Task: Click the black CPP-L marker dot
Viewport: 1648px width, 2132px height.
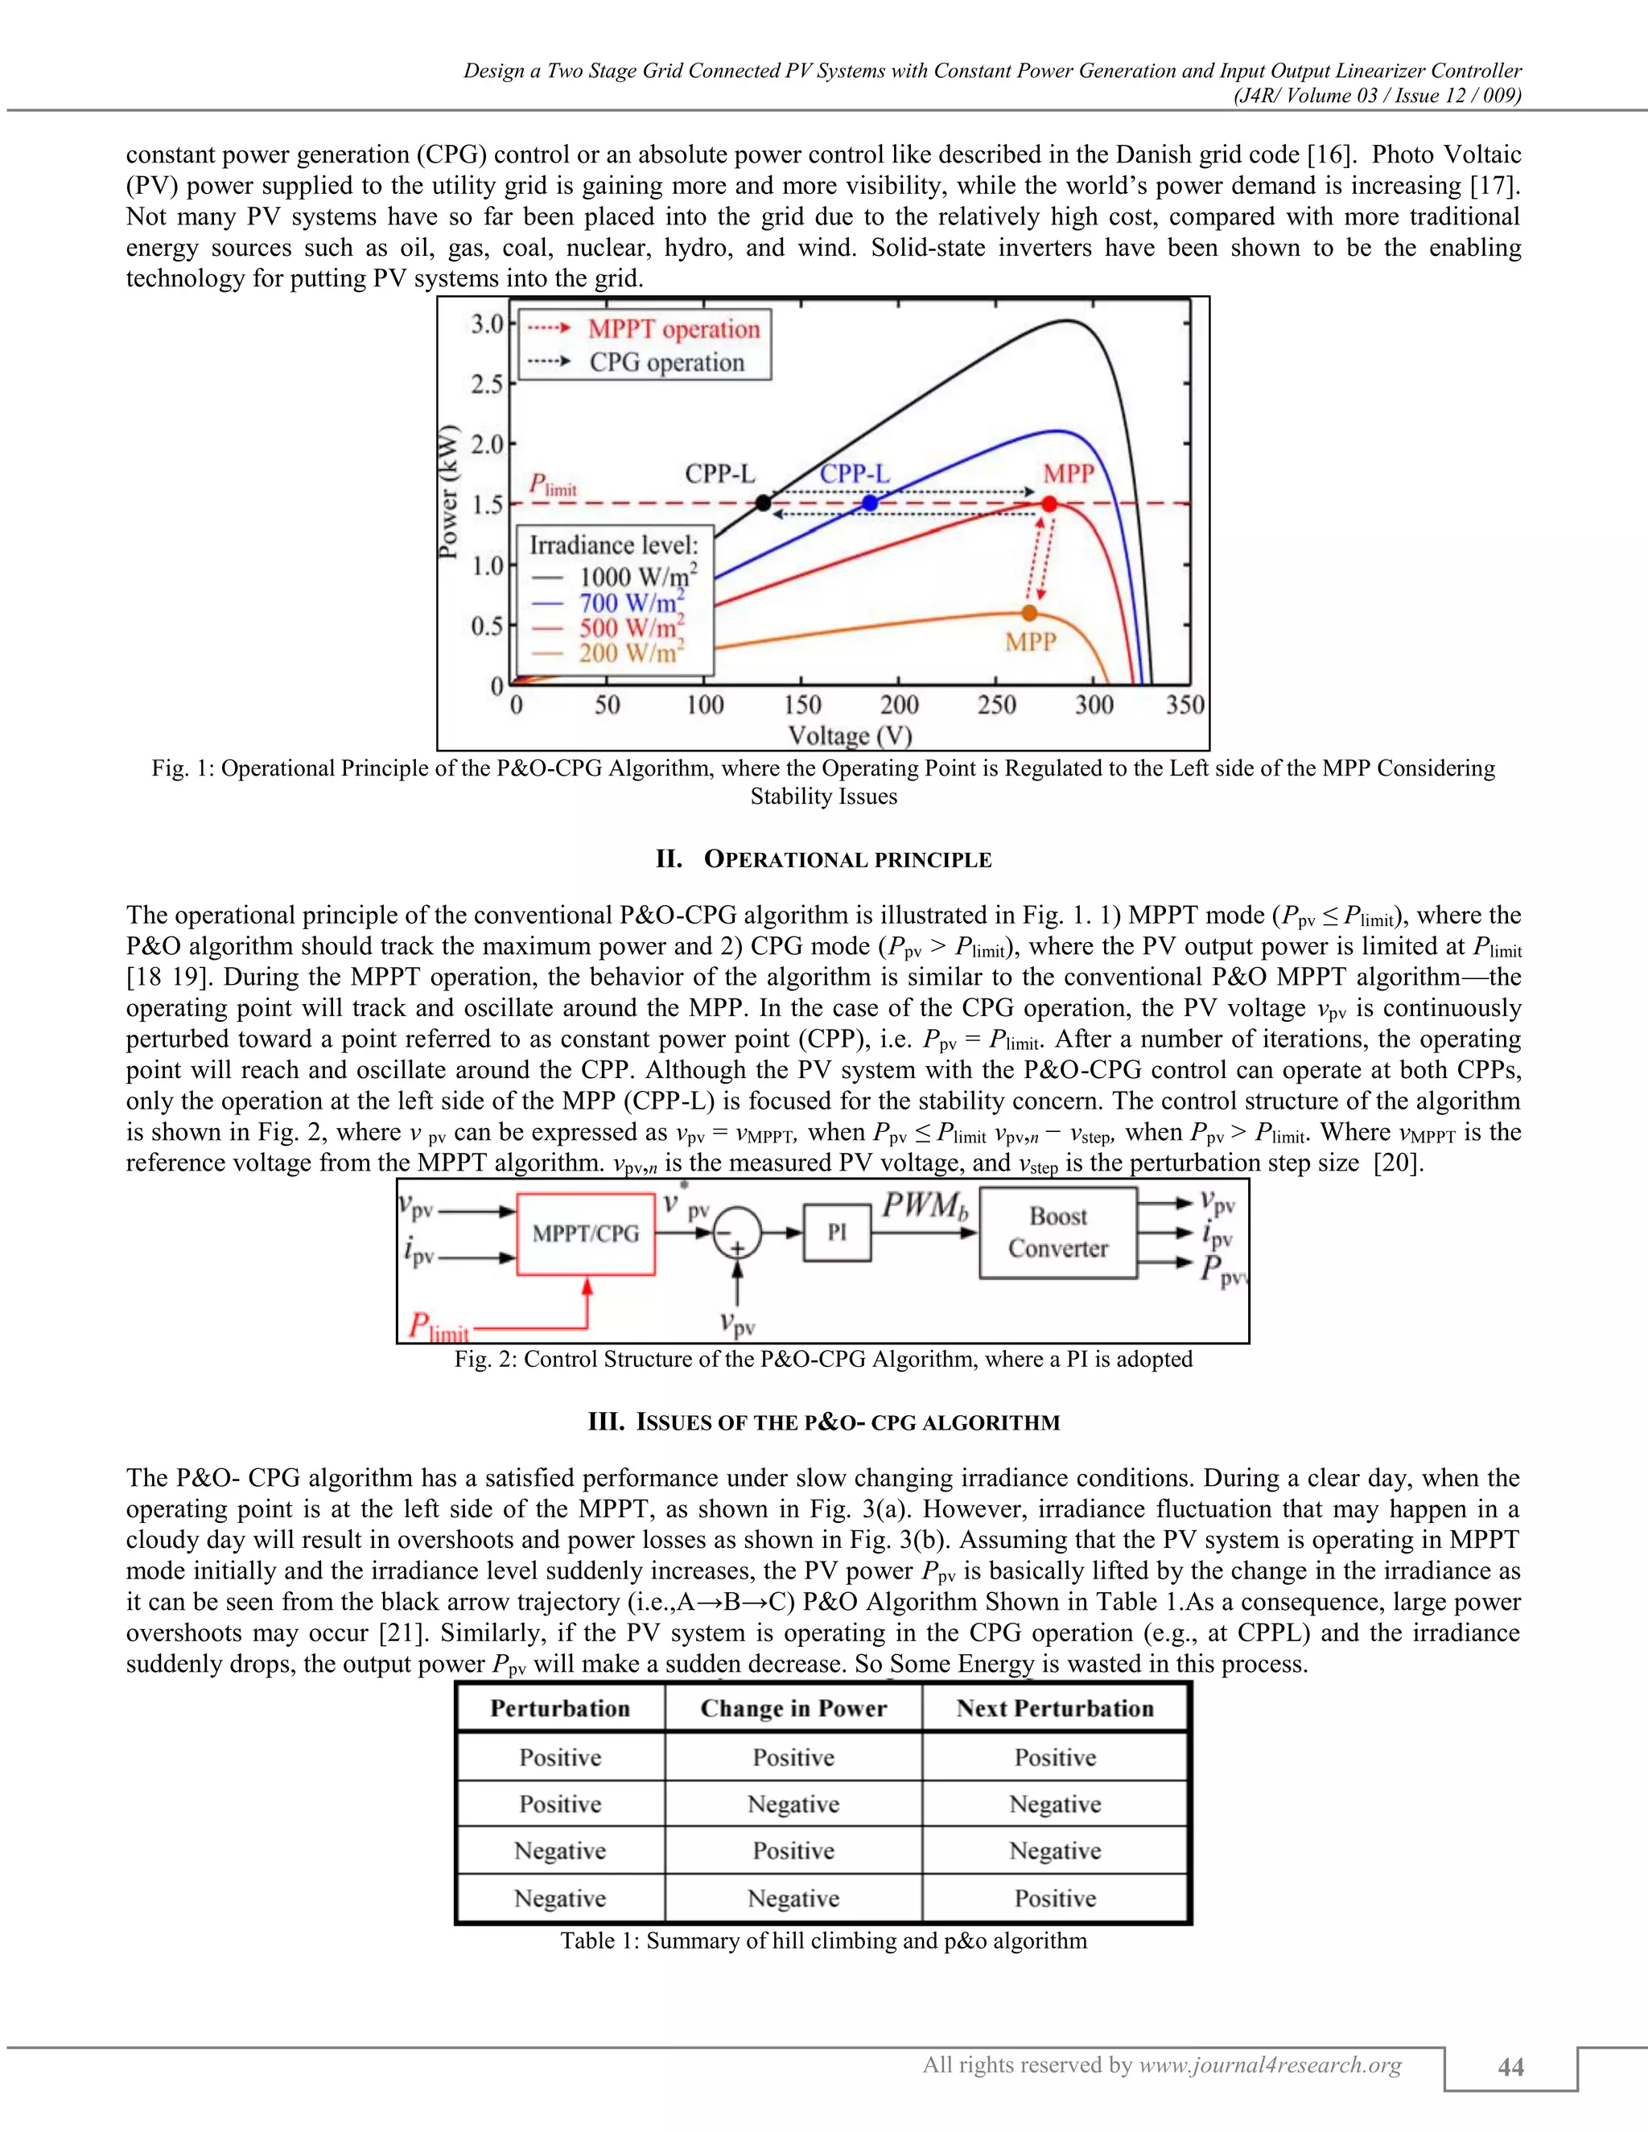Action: (x=764, y=504)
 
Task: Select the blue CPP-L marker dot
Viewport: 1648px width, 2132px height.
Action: (x=870, y=504)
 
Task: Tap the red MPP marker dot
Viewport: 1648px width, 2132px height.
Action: (x=1049, y=504)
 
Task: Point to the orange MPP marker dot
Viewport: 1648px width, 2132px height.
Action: (x=1029, y=613)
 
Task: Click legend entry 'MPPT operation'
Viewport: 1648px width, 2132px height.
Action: (x=673, y=329)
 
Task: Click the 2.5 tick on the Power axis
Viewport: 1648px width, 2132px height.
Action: (x=487, y=384)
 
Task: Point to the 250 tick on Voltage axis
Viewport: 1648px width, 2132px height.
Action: (x=996, y=705)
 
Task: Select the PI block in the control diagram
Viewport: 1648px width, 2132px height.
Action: (x=837, y=1233)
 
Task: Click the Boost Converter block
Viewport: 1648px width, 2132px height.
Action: (x=1058, y=1233)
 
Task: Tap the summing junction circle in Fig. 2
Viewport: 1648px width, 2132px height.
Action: (x=737, y=1233)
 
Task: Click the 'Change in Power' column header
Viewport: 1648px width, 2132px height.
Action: (x=793, y=1708)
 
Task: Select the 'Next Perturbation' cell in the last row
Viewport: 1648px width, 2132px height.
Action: (x=1054, y=1899)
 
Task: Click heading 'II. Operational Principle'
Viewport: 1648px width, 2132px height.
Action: (x=823, y=860)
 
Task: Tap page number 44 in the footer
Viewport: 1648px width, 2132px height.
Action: (x=1510, y=2067)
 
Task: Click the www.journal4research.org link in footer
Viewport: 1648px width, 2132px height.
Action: (x=1270, y=2064)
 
